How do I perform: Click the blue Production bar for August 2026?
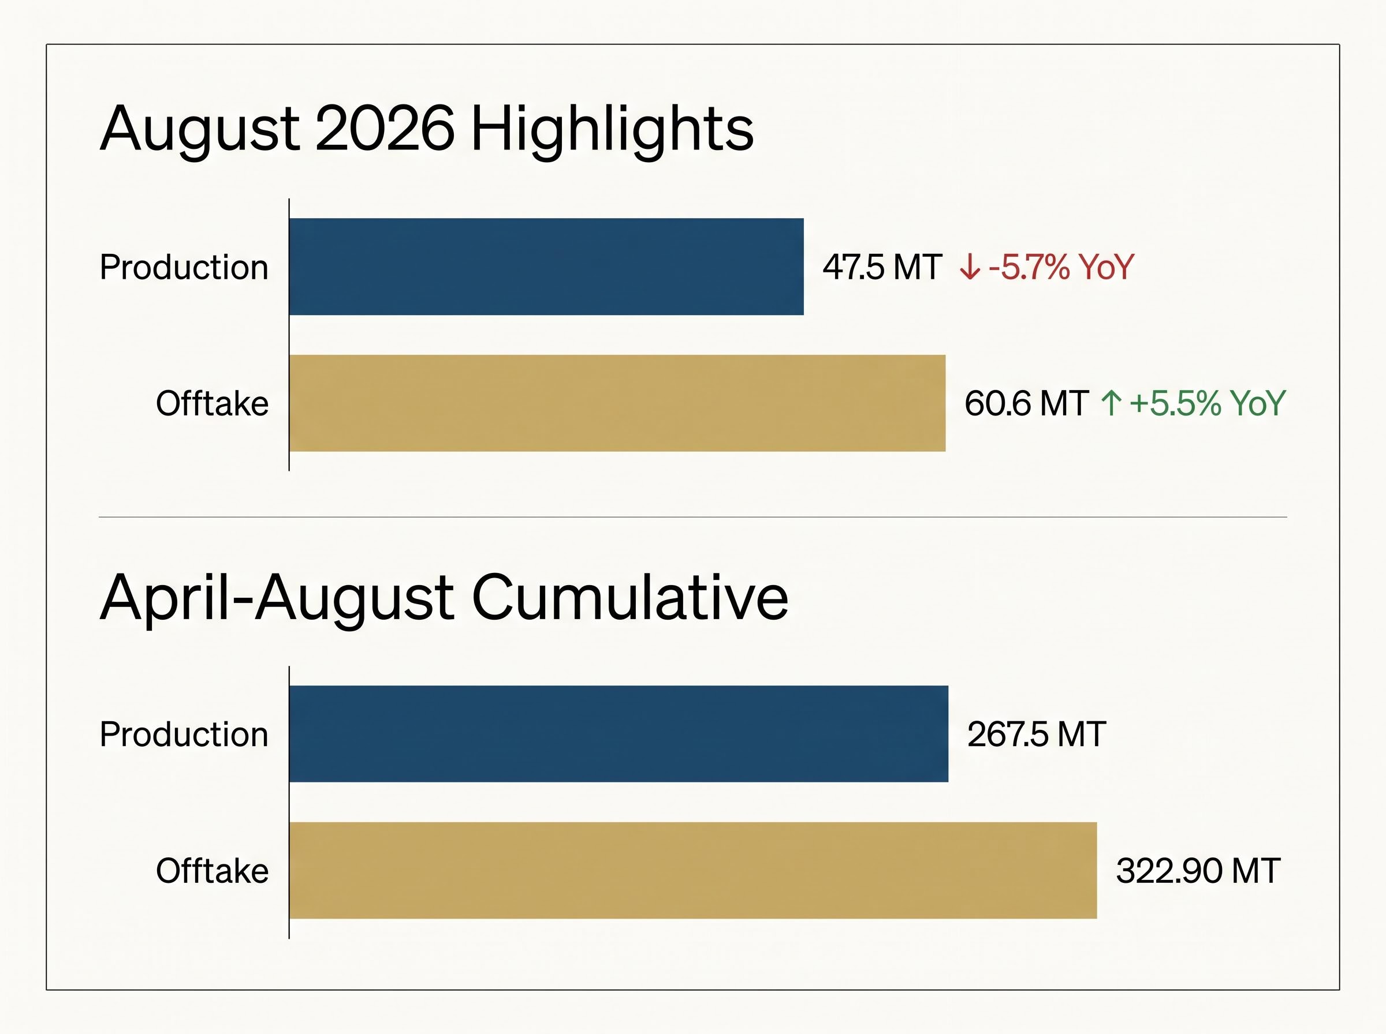pyautogui.click(x=546, y=267)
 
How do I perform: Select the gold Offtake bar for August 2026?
pyautogui.click(x=617, y=403)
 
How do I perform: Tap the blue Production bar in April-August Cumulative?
pyautogui.click(x=619, y=733)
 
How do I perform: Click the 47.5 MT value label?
pyautogui.click(x=882, y=267)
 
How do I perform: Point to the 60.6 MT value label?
pyautogui.click(x=1026, y=404)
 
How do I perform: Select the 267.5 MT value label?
pyautogui.click(x=1037, y=734)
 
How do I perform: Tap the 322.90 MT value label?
pyautogui.click(x=1198, y=871)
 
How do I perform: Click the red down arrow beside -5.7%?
pyautogui.click(x=970, y=267)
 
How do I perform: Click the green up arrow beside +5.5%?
pyautogui.click(x=1111, y=403)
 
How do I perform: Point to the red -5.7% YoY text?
pyautogui.click(x=1061, y=267)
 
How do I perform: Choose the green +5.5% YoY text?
pyautogui.click(x=1208, y=404)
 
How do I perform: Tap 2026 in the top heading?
pyautogui.click(x=385, y=129)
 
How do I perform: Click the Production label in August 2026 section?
pyautogui.click(x=184, y=267)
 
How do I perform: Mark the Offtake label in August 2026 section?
pyautogui.click(x=213, y=403)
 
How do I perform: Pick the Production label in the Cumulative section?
pyautogui.click(x=184, y=734)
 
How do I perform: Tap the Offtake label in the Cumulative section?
pyautogui.click(x=213, y=871)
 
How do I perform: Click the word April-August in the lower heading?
pyautogui.click(x=277, y=600)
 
